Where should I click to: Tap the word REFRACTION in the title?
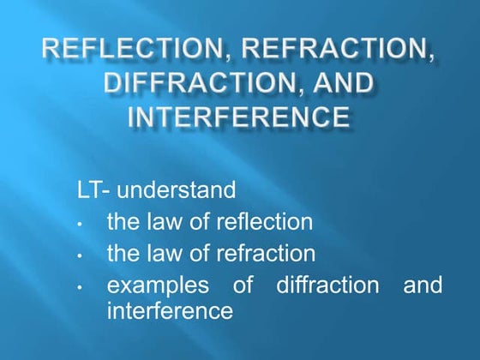(336, 51)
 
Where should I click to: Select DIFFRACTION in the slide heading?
(188, 83)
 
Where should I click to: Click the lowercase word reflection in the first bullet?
(258, 223)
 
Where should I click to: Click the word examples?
(162, 285)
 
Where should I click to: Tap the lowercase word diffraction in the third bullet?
(327, 285)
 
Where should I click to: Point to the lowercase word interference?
(170, 310)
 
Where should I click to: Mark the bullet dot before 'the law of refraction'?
(79, 256)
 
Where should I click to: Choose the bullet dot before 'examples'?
(79, 287)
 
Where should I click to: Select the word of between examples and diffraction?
(246, 285)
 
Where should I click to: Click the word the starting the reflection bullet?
(122, 223)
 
